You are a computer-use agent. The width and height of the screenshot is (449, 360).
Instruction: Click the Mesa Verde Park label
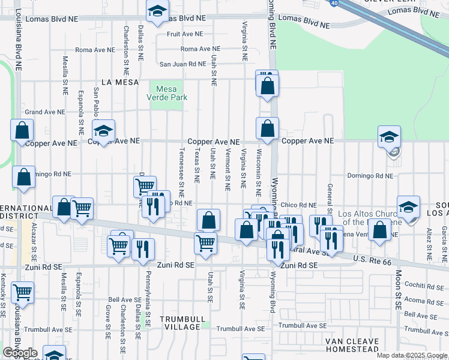[x=167, y=92]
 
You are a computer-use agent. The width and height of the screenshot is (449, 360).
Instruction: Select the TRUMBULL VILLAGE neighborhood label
[x=182, y=323]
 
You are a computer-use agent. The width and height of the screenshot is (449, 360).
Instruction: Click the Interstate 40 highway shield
[x=333, y=2]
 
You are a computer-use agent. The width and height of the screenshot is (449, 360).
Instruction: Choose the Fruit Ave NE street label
[x=185, y=34]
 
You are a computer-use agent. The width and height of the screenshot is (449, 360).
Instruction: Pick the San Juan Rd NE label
[x=182, y=64]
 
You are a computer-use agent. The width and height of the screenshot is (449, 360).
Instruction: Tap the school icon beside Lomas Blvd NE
[x=157, y=11]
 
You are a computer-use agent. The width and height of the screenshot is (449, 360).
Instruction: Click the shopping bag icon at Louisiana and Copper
[x=22, y=130]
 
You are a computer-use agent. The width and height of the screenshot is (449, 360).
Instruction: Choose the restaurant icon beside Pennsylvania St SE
[x=143, y=248]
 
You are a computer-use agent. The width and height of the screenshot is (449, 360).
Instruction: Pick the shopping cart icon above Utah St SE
[x=205, y=243]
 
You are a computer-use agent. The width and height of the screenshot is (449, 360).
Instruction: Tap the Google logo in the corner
[x=20, y=353]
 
